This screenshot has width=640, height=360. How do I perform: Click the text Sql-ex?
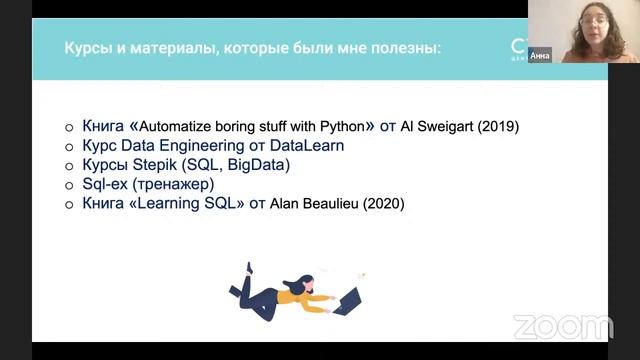(x=101, y=184)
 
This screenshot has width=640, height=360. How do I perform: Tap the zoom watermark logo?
(x=563, y=326)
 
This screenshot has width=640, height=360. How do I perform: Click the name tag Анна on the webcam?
(x=540, y=55)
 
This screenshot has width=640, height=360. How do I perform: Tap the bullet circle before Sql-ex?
(x=69, y=185)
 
